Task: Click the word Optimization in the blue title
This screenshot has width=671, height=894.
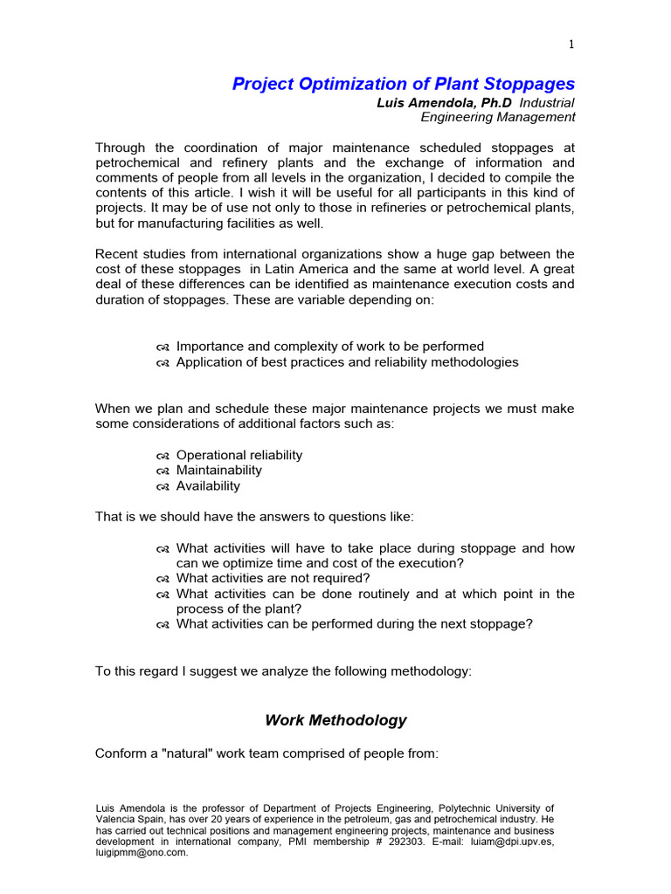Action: click(x=330, y=84)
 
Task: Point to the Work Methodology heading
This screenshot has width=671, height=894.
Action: click(x=335, y=720)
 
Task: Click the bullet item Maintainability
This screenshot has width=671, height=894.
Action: click(x=218, y=471)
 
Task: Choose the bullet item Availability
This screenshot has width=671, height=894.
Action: click(x=208, y=486)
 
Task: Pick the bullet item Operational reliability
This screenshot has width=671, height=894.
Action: click(x=239, y=455)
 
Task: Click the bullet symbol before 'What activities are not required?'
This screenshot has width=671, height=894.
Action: click(x=163, y=579)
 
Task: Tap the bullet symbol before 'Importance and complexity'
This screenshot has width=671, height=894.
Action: click(x=163, y=347)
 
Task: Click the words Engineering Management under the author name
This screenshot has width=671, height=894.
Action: click(x=498, y=117)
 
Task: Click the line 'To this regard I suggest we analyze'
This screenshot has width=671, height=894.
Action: click(x=282, y=671)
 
